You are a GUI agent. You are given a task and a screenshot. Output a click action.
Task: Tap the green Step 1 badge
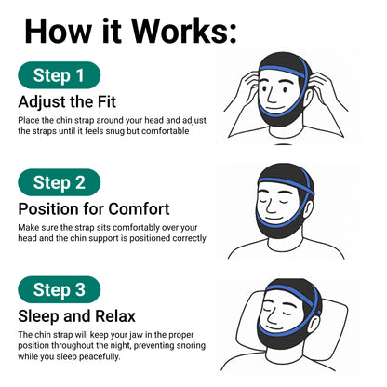(60, 75)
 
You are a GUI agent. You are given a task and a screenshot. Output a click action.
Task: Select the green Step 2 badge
(60, 182)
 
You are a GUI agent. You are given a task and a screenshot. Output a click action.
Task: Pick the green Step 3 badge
(60, 289)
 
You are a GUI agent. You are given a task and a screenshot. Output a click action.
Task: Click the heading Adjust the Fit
(67, 102)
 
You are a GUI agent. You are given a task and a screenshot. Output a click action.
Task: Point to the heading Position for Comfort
(94, 208)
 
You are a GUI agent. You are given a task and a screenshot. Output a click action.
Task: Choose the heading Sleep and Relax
(77, 316)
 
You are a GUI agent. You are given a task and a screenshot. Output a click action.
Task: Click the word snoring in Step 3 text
(191, 346)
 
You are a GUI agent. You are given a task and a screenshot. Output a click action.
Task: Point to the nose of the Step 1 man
(271, 97)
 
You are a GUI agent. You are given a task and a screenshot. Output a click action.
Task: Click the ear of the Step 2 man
(308, 210)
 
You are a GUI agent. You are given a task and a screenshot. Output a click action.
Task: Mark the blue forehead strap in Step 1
(281, 71)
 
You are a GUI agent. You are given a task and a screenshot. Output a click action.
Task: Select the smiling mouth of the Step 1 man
(275, 109)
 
